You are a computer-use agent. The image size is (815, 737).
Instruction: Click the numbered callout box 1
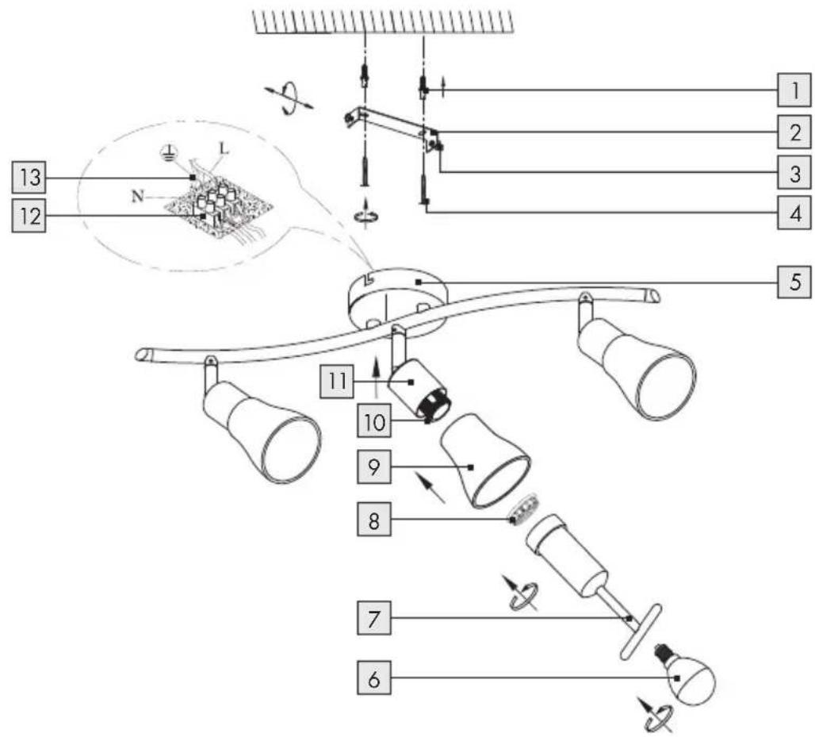[x=794, y=90]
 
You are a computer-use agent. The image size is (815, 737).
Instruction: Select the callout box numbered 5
[x=794, y=282]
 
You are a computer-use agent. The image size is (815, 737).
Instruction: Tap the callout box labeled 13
[x=29, y=178]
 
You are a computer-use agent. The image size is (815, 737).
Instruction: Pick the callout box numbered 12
[x=29, y=215]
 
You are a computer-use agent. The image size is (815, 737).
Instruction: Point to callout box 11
[x=337, y=382]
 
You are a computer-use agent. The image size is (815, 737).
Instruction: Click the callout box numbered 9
[x=373, y=466]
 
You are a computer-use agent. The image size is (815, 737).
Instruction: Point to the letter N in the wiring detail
[x=137, y=196]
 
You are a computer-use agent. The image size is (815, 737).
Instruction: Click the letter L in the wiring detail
[x=224, y=149]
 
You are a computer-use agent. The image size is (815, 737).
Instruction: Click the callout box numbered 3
[x=794, y=172]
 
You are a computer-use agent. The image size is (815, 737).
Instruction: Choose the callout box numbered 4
[x=794, y=212]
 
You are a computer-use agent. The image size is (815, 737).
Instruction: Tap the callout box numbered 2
[x=794, y=132]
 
